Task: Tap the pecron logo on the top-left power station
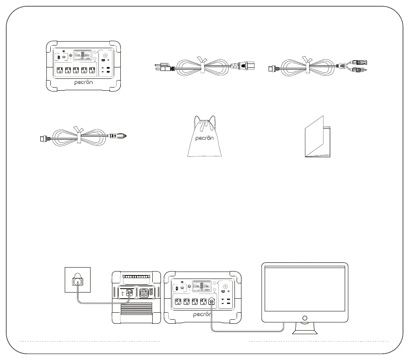[84, 82]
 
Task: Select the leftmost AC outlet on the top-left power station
[59, 70]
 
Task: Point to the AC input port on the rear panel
[129, 293]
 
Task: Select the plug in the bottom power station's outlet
[212, 301]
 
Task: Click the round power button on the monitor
[305, 318]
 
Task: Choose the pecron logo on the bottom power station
[202, 314]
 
